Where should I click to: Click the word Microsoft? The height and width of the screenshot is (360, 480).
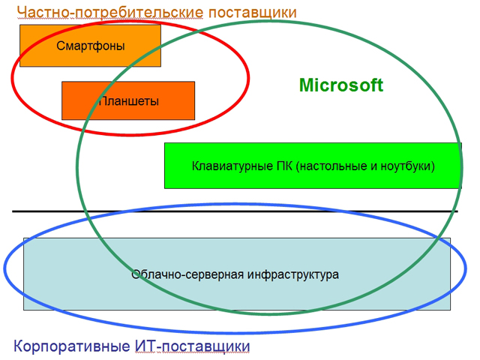(x=341, y=85)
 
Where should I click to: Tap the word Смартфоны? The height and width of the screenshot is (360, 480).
(x=91, y=46)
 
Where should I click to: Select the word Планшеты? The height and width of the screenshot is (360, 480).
(x=129, y=101)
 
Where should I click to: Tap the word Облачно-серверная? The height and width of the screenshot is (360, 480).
(x=187, y=274)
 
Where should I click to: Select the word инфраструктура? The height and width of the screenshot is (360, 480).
(x=293, y=274)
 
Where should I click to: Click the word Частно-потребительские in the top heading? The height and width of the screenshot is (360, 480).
(x=110, y=13)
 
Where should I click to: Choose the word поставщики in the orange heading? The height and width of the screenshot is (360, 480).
(x=253, y=13)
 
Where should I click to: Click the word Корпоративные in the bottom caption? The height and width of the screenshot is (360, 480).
(x=72, y=346)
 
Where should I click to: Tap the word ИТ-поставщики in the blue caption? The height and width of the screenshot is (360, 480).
(x=192, y=346)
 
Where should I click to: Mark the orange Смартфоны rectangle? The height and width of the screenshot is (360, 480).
(x=90, y=46)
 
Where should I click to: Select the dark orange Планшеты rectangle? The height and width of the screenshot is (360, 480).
(x=128, y=100)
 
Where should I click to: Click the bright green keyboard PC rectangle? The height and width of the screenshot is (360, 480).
(x=313, y=166)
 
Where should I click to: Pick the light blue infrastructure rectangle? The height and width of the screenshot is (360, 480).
(x=237, y=274)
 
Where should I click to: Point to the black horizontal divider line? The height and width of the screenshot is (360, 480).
(x=235, y=211)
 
